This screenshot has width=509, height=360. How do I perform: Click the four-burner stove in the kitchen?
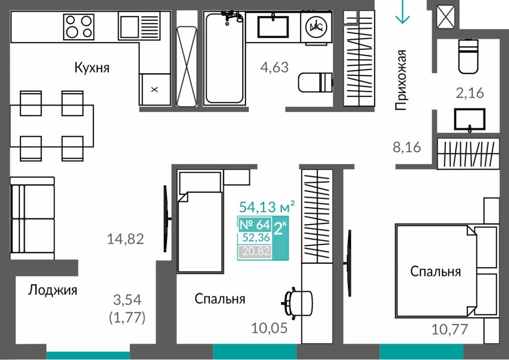click(x=79, y=26)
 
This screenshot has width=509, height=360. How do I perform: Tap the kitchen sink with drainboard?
click(x=139, y=26)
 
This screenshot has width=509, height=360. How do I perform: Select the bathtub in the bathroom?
click(x=224, y=59)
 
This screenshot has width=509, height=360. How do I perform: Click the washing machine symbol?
click(x=316, y=27)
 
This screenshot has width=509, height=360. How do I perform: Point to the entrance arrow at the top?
click(x=403, y=12)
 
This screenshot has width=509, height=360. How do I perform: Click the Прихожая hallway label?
click(x=401, y=80)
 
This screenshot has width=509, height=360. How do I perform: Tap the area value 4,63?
click(x=274, y=68)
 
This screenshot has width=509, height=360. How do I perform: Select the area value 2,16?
click(x=470, y=93)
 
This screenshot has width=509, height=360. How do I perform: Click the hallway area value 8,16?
click(x=407, y=147)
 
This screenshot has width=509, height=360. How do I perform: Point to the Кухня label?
click(x=92, y=68)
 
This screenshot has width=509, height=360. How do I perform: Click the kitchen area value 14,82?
click(x=125, y=239)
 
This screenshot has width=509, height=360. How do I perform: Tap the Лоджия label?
click(x=52, y=290)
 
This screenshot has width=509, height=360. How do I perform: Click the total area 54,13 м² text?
click(x=267, y=206)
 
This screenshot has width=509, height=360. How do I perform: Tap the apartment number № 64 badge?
click(x=254, y=225)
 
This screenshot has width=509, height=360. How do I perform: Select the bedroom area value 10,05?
click(x=269, y=328)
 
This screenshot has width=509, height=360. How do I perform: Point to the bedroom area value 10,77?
click(x=449, y=329)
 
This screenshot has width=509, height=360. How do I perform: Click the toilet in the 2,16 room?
click(x=468, y=56)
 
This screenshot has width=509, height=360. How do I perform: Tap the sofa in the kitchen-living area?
click(x=32, y=218)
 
